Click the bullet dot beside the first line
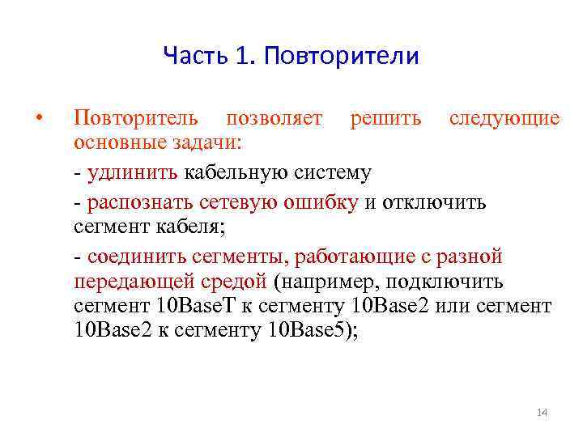coord(39,118)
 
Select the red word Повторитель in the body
coord(135,118)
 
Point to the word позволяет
coord(274,118)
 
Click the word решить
coord(385,118)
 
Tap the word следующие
coord(504,118)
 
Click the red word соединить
coord(134,257)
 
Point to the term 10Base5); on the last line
coord(312,333)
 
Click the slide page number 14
coord(542,414)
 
